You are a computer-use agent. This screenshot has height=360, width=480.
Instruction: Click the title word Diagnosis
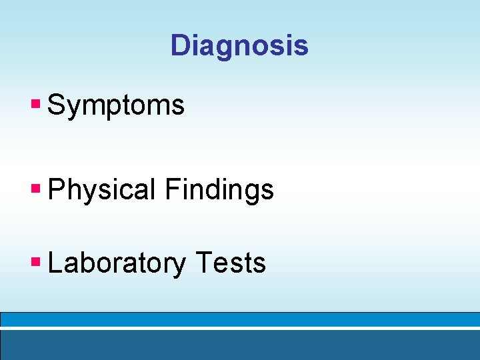pyautogui.click(x=239, y=46)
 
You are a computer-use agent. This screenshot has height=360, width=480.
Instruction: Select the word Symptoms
pyautogui.click(x=116, y=105)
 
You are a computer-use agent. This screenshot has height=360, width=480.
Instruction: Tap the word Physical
pyautogui.click(x=101, y=190)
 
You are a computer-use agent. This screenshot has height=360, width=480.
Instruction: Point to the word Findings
pyautogui.click(x=219, y=190)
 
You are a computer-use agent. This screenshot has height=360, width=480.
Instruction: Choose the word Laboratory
pyautogui.click(x=117, y=264)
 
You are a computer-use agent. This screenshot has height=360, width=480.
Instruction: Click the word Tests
pyautogui.click(x=231, y=263)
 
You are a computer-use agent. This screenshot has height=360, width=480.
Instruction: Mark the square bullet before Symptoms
pyautogui.click(x=36, y=105)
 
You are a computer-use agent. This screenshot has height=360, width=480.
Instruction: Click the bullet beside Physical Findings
pyautogui.click(x=36, y=189)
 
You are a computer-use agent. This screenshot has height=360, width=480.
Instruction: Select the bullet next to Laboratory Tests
pyautogui.click(x=36, y=263)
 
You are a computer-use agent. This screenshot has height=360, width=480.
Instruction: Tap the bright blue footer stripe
pyautogui.click(x=240, y=319)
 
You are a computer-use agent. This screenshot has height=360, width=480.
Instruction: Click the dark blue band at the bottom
pyautogui.click(x=240, y=345)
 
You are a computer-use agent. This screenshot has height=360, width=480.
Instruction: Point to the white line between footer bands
pyautogui.click(x=240, y=329)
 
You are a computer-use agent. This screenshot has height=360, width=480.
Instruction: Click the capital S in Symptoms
pyautogui.click(x=57, y=105)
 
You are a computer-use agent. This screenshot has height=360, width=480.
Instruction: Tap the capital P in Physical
pyautogui.click(x=57, y=190)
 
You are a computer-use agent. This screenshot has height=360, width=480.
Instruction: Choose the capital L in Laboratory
pyautogui.click(x=55, y=263)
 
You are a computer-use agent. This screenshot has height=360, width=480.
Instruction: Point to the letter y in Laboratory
pyautogui.click(x=178, y=267)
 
